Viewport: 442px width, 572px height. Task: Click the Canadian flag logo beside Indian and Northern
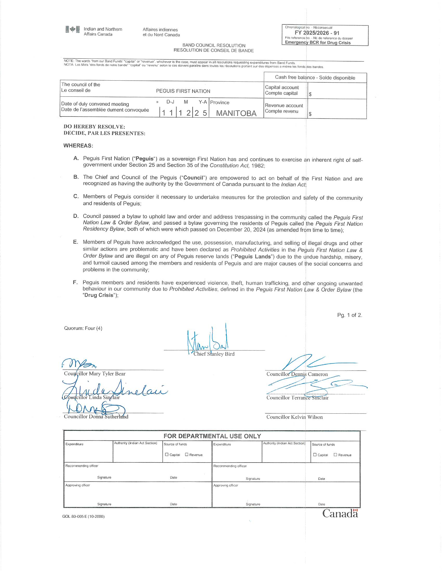73,30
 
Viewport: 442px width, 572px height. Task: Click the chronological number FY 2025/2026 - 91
317,33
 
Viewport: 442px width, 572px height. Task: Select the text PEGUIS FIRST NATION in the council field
183,91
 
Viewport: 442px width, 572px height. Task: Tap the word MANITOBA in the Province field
236,113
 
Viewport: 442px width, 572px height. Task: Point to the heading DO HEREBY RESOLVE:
94,127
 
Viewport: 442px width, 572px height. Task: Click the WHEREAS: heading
78,146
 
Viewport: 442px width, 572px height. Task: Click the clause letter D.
76,216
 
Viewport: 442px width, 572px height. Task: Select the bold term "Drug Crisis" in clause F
99,295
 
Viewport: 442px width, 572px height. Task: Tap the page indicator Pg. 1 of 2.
349,315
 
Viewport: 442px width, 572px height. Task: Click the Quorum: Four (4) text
83,328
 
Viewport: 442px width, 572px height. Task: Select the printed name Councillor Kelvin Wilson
294,417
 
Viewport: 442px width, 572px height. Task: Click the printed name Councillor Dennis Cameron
297,374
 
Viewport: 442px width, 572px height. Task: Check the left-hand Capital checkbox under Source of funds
167,454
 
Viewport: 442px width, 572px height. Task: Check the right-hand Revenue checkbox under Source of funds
335,455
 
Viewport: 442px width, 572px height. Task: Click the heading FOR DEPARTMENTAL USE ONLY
212,436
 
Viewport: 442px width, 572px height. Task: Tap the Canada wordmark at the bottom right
340,513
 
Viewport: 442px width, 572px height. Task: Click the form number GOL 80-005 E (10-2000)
83,516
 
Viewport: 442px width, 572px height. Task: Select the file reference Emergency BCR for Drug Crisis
318,43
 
